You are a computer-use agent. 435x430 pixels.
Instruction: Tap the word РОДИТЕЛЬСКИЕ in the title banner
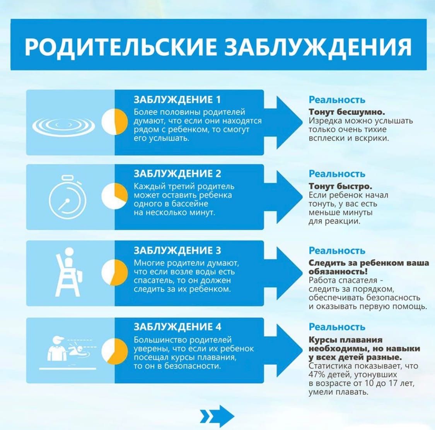pyautogui.click(x=121, y=46)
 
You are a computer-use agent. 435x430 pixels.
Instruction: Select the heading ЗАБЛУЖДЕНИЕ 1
pyautogui.click(x=177, y=100)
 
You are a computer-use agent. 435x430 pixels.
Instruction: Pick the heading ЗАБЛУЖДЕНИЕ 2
pyautogui.click(x=177, y=174)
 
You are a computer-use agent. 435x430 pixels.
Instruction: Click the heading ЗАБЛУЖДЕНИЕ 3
pyautogui.click(x=177, y=251)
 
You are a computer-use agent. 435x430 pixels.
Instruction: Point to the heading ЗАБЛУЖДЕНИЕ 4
pyautogui.click(x=177, y=327)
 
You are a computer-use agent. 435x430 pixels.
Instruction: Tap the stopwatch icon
pyautogui.click(x=67, y=197)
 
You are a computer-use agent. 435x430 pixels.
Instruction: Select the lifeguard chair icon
pyautogui.click(x=69, y=272)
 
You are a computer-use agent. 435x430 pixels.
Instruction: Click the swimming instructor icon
pyautogui.click(x=68, y=352)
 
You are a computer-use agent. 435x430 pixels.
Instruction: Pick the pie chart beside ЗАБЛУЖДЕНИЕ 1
pyautogui.click(x=114, y=122)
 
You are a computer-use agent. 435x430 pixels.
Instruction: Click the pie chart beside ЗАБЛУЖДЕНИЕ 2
pyautogui.click(x=114, y=196)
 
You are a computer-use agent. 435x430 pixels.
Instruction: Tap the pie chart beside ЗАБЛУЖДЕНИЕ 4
pyautogui.click(x=114, y=351)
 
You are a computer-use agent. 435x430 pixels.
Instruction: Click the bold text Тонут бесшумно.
pyautogui.click(x=347, y=112)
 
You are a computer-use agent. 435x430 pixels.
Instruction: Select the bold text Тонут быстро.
pyautogui.click(x=340, y=186)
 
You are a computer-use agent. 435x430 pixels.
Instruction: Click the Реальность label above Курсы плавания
pyautogui.click(x=337, y=327)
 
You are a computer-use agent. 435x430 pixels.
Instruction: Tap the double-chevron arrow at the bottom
pyautogui.click(x=217, y=416)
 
